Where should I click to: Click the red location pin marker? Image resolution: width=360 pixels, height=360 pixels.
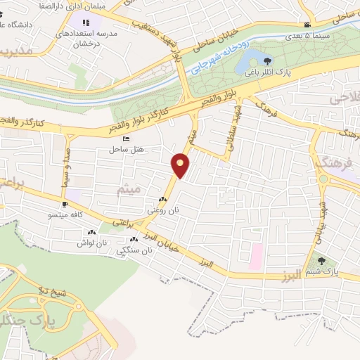[x=181, y=165]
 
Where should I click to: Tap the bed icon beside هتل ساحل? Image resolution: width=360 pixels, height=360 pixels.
[x=126, y=139]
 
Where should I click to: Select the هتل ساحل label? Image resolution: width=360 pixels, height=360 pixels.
[x=126, y=149]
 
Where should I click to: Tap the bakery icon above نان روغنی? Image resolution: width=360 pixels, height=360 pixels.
[x=163, y=200]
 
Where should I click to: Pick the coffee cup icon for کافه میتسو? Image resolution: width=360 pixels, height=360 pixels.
[x=65, y=204]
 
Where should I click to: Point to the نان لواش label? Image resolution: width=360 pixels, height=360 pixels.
[x=91, y=243]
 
